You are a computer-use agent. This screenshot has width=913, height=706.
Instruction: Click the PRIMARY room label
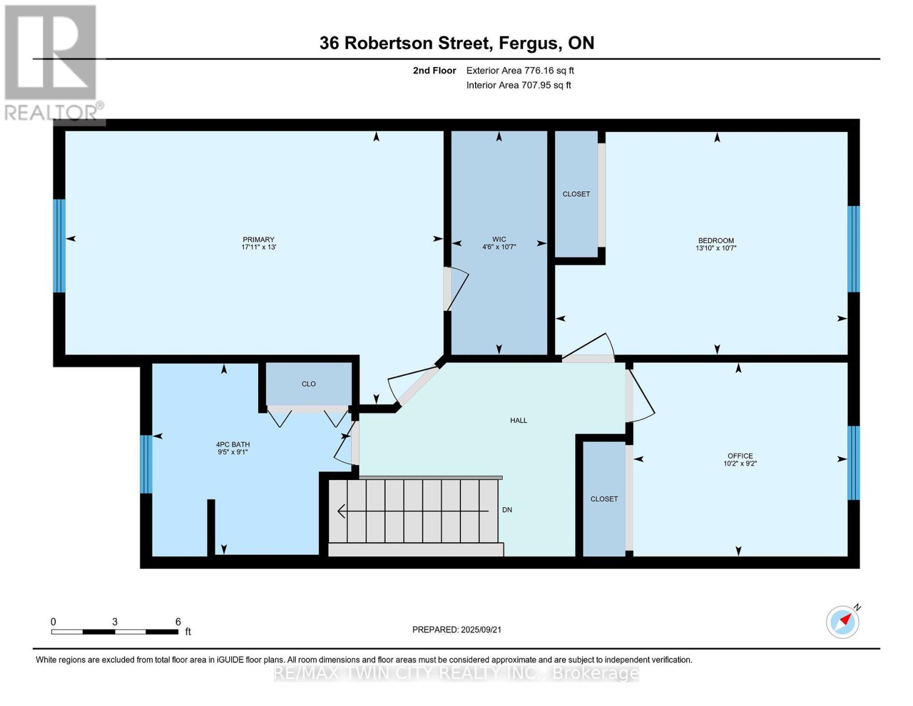258,239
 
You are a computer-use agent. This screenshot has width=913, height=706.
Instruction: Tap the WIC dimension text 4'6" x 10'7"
499,247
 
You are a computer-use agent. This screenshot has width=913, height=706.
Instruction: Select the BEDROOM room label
716,241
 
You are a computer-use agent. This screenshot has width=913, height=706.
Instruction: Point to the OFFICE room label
740,456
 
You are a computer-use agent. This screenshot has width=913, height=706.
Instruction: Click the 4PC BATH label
233,444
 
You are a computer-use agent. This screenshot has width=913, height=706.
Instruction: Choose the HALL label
519,420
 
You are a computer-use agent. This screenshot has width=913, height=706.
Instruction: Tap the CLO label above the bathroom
309,384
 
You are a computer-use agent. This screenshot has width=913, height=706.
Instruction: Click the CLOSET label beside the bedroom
576,194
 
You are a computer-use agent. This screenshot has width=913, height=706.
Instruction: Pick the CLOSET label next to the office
604,499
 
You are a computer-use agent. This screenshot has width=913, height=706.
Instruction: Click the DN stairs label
507,509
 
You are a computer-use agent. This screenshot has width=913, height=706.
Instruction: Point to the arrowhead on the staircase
341,511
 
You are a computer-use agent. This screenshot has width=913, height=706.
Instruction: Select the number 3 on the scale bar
114,621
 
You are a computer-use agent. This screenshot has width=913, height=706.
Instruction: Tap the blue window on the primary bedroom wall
59,245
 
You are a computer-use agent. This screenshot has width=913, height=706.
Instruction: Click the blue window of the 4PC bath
146,464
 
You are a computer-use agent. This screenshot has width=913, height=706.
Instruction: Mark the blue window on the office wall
854,463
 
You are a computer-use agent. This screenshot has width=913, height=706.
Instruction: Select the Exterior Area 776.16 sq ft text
520,71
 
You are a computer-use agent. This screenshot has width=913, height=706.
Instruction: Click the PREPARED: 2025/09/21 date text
457,630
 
